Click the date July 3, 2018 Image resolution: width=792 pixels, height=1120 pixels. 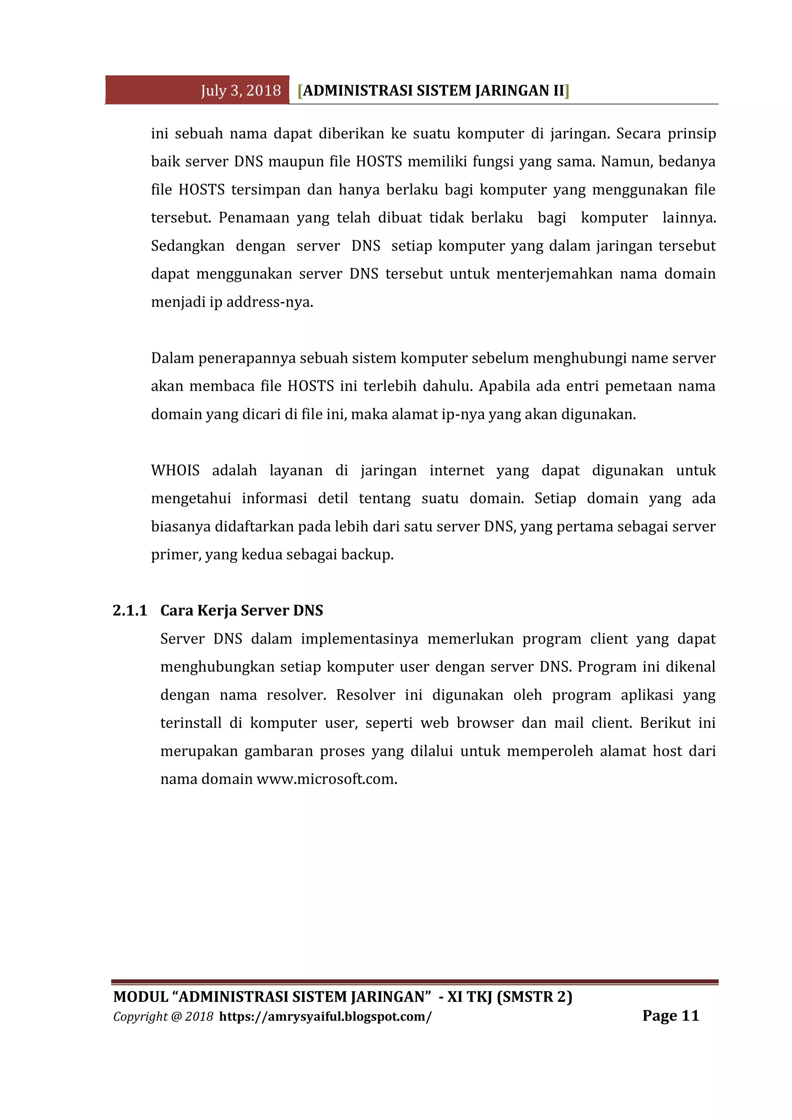pyautogui.click(x=241, y=91)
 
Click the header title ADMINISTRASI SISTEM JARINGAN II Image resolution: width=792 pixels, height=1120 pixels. pyautogui.click(x=433, y=91)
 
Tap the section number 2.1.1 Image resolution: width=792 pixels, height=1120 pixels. pyautogui.click(x=130, y=610)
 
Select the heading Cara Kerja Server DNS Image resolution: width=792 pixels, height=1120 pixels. pyautogui.click(x=241, y=610)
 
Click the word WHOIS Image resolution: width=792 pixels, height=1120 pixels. pyautogui.click(x=175, y=470)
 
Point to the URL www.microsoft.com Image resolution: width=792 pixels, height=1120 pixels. pyautogui.click(x=327, y=779)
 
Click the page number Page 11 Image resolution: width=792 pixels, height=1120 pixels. pyautogui.click(x=671, y=1016)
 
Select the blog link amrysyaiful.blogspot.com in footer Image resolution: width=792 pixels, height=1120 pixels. pyautogui.click(x=325, y=1017)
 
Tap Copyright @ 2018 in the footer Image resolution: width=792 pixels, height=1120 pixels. pyautogui.click(x=163, y=1017)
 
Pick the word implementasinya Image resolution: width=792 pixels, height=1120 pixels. pyautogui.click(x=359, y=639)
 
